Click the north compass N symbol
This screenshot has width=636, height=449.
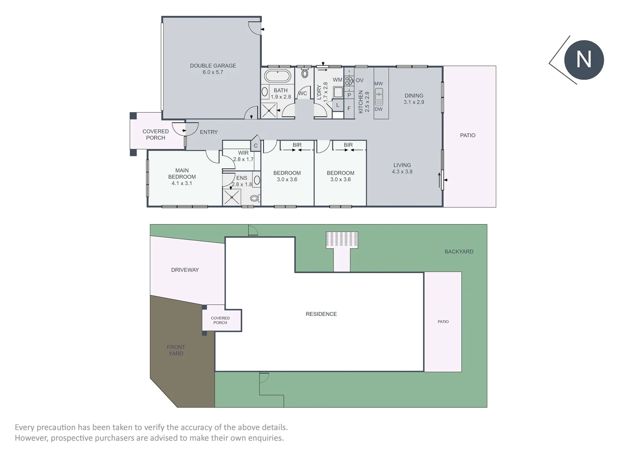pyautogui.click(x=584, y=60)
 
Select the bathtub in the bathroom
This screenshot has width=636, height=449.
pyautogui.click(x=278, y=77)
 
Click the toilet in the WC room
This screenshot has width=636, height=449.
pyautogui.click(x=305, y=74)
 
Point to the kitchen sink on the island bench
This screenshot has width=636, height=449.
pyautogui.click(x=378, y=97)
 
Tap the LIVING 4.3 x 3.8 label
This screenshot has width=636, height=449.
pyautogui.click(x=402, y=168)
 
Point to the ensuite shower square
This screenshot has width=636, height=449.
pyautogui.click(x=231, y=197)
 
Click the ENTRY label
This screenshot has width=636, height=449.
pyautogui.click(x=209, y=132)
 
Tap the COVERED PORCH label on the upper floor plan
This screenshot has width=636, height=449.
pyautogui.click(x=156, y=134)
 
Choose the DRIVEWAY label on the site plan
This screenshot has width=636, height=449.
pyautogui.click(x=185, y=270)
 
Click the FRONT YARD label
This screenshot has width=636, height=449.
pyautogui.click(x=176, y=350)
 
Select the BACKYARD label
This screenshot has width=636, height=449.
pyautogui.click(x=459, y=252)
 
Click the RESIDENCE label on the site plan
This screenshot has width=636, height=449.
pyautogui.click(x=321, y=314)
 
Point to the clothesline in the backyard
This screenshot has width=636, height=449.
pyautogui.click(x=342, y=240)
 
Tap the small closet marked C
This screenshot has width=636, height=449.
pyautogui.click(x=256, y=146)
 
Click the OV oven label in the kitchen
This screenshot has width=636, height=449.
pyautogui.click(x=360, y=80)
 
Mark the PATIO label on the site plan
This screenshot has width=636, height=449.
pyautogui.click(x=443, y=321)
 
